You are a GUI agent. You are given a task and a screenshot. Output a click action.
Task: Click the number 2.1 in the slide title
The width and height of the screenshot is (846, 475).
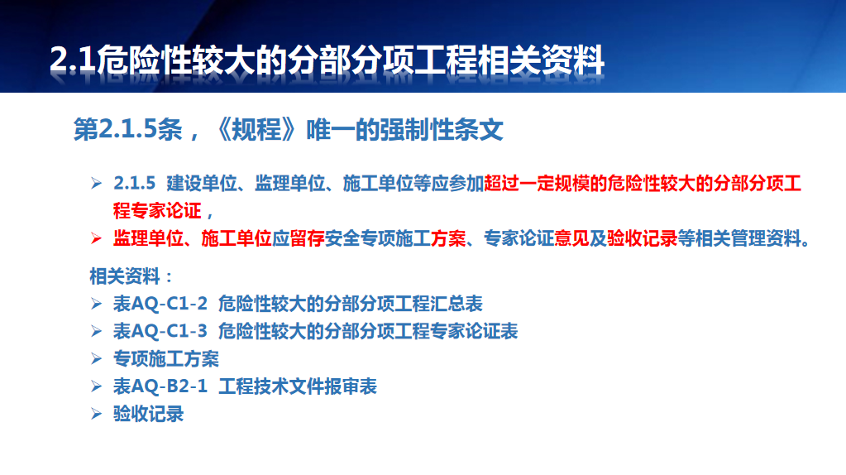point(73,60)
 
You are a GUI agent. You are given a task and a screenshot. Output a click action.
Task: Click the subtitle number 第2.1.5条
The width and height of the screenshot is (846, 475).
point(128,130)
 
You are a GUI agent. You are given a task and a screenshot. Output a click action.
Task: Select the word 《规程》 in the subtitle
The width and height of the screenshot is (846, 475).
point(256,130)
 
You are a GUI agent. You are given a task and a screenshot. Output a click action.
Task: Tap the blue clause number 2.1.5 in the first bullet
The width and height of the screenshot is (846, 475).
point(134,184)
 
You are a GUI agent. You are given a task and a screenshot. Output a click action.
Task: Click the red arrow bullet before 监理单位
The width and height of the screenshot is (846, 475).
point(97,238)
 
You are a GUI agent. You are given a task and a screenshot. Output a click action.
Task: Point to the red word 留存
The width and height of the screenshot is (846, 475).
point(307,238)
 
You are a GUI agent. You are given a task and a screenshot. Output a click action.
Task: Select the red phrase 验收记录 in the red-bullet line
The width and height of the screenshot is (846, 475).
point(642,238)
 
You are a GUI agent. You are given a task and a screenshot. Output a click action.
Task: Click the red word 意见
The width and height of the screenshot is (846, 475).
point(572,238)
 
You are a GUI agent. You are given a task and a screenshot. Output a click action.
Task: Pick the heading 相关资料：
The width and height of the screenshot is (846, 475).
point(131,276)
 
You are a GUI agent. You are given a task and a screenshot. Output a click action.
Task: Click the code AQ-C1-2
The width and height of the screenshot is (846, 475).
point(170,304)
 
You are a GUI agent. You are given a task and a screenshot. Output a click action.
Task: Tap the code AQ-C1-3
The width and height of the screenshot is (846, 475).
point(170,331)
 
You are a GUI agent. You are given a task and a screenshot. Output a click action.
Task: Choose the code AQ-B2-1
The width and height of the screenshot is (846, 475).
point(170,386)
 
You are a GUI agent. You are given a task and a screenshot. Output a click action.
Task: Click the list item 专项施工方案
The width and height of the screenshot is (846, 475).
point(166,359)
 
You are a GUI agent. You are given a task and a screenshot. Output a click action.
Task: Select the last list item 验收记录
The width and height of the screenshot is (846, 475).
point(148,414)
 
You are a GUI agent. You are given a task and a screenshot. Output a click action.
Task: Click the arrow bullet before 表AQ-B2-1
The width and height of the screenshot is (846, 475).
point(97,386)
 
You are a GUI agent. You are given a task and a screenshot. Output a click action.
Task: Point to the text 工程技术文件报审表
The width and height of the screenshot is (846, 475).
point(298,386)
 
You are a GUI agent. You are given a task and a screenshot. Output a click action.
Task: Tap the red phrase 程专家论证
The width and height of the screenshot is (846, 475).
point(157,210)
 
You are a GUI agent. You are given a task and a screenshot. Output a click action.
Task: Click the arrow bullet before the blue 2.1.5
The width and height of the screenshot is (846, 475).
point(97,184)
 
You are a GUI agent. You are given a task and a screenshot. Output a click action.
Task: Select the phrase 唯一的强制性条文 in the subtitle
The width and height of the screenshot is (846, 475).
point(404,130)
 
